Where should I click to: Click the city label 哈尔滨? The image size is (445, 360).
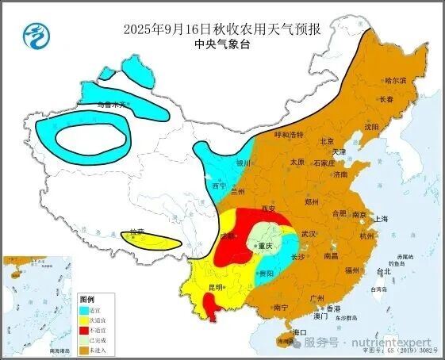(395, 81)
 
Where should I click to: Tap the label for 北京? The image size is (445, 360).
(326, 140)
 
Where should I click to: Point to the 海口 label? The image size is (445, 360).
(299, 331)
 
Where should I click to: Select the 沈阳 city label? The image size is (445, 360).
(372, 126)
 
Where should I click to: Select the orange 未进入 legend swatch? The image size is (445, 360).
(86, 349)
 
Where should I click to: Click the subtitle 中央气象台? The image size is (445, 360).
(221, 45)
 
